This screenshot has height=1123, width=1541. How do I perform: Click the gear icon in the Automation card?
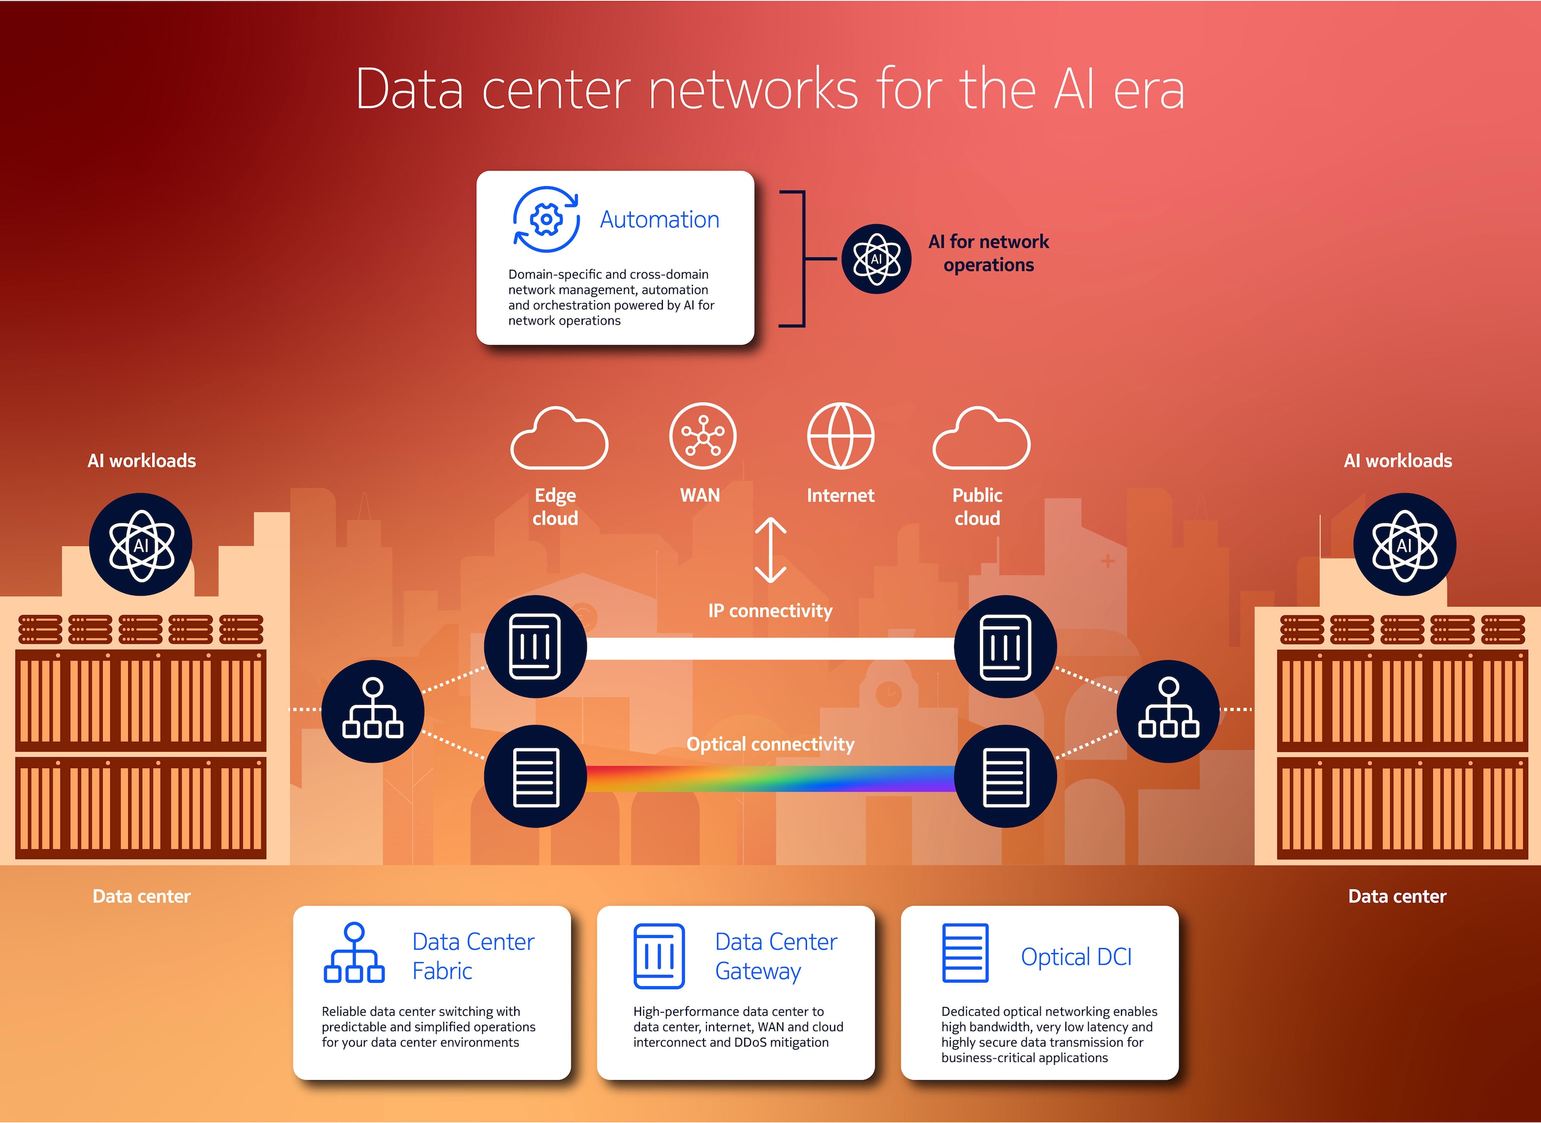point(546,219)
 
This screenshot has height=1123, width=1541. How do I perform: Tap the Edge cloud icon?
point(559,439)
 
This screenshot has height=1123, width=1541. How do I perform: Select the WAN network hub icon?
point(703,436)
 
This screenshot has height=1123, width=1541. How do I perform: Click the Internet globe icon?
point(841,436)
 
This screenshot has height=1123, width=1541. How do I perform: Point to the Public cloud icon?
point(981,439)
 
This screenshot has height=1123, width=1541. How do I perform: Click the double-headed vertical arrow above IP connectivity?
point(771,550)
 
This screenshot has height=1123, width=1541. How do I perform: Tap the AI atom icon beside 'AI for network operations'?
point(876,259)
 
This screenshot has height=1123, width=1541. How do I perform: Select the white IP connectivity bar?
point(771,649)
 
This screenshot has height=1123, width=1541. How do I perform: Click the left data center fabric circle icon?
point(372,710)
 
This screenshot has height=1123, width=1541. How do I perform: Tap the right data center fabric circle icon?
point(1169,710)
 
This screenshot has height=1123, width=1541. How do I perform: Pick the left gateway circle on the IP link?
point(535,647)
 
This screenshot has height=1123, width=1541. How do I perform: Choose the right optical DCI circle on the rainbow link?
point(1005,776)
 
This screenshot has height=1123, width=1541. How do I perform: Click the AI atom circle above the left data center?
point(141,544)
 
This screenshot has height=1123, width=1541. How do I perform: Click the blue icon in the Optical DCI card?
point(965,952)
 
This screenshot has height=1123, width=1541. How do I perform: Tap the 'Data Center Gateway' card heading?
point(776,956)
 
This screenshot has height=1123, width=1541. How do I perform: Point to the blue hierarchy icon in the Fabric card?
point(354,952)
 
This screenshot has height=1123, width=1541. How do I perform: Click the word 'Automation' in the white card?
point(659,220)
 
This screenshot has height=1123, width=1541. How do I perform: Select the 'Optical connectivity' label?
point(771,744)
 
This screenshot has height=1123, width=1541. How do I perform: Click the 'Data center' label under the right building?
point(1397,896)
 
